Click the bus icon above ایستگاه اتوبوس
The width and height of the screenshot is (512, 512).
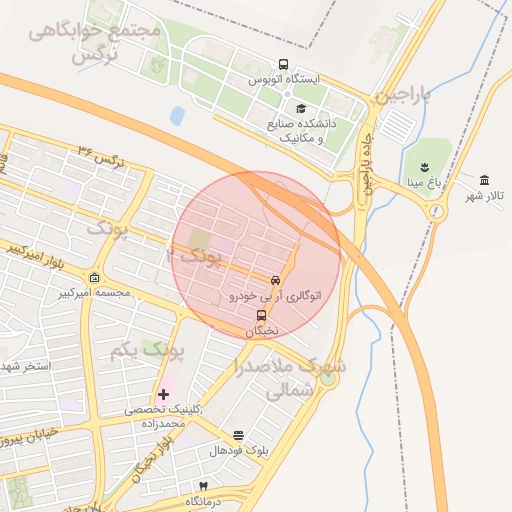click(284, 64)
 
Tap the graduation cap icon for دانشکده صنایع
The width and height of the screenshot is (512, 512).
click(301, 109)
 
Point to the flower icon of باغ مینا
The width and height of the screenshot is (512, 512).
click(418, 165)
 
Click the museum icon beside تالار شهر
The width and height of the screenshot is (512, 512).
click(484, 179)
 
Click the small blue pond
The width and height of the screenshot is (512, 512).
click(178, 116)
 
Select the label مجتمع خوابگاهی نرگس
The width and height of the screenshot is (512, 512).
click(95, 42)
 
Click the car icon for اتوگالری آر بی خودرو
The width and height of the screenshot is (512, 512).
click(276, 280)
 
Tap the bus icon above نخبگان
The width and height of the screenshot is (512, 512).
click(262, 315)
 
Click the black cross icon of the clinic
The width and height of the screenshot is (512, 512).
click(163, 394)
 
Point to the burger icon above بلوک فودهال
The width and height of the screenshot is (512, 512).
click(238, 435)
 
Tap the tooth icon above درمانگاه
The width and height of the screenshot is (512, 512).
click(203, 486)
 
